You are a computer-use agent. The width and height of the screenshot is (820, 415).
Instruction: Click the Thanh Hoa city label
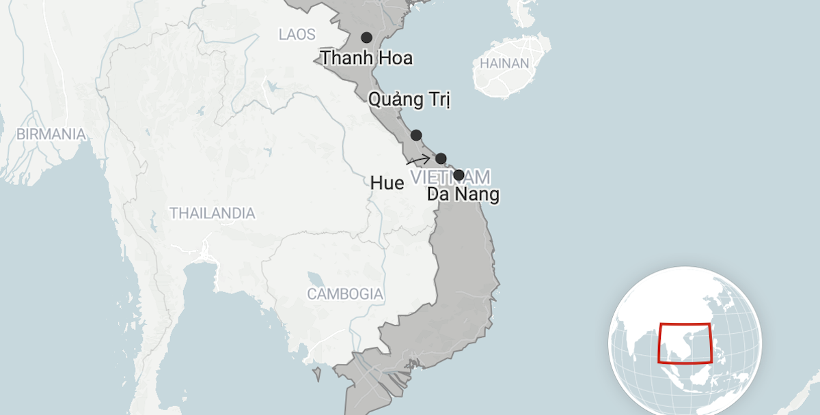(367, 59)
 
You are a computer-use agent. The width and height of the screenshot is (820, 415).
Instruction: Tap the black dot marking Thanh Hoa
(367, 38)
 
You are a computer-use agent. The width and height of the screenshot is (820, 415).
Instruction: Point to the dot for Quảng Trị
(416, 135)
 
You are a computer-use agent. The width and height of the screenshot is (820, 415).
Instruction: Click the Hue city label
(386, 183)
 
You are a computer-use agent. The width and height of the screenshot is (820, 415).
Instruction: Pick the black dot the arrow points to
(441, 158)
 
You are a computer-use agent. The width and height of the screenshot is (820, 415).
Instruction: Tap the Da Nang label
(463, 195)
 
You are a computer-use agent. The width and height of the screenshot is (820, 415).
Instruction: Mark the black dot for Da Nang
(459, 175)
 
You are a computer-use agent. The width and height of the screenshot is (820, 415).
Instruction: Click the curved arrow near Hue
(418, 161)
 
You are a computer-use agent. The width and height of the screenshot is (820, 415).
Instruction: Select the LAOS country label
(297, 34)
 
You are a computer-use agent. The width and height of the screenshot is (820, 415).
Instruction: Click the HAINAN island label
(504, 63)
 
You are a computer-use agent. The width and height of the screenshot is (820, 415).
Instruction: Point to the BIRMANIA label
(51, 134)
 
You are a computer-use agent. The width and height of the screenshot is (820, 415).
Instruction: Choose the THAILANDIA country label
(213, 214)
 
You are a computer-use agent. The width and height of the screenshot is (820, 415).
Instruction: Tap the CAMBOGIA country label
(345, 295)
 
